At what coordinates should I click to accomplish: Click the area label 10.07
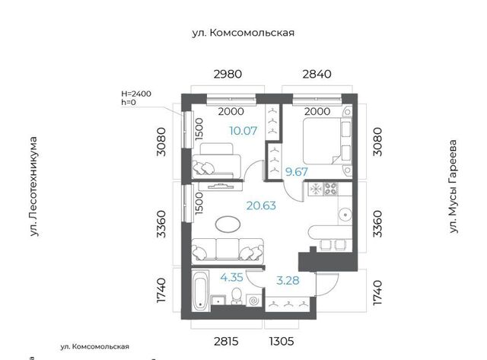click(243, 131)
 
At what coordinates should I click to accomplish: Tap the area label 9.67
click(297, 172)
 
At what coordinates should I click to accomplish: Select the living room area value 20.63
click(261, 205)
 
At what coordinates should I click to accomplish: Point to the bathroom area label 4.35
click(231, 277)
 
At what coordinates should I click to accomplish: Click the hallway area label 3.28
click(288, 281)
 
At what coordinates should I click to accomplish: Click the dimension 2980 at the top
click(228, 75)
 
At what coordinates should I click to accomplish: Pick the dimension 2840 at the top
click(317, 75)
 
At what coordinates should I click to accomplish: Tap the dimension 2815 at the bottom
click(226, 342)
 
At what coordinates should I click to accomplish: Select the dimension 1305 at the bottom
click(282, 342)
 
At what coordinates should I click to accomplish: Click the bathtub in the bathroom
click(199, 291)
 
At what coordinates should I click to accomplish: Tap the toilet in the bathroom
click(237, 296)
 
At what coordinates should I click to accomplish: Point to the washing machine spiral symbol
click(253, 301)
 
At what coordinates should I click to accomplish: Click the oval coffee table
click(228, 224)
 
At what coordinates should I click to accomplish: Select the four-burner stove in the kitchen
click(331, 189)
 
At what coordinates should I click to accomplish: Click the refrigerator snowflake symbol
click(316, 190)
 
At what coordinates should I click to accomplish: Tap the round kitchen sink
click(345, 215)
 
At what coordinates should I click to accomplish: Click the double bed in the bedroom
click(327, 141)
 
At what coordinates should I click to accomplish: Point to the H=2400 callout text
click(136, 94)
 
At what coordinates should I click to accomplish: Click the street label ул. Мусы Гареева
click(454, 186)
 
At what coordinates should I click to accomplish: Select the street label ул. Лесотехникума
click(33, 186)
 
